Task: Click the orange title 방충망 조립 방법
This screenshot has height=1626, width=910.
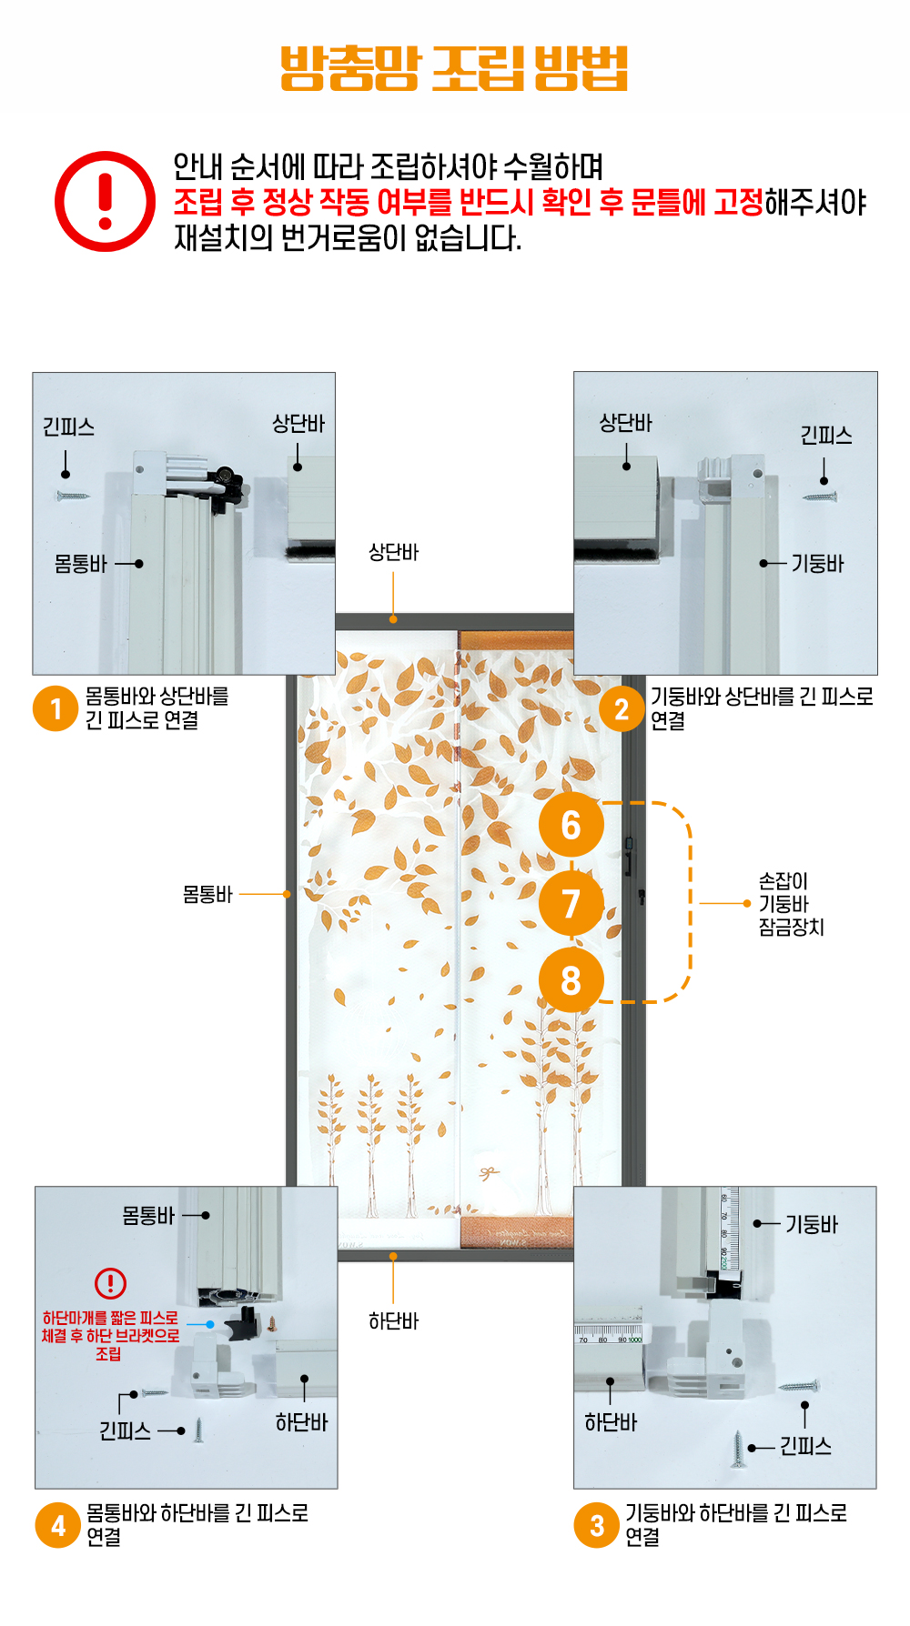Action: click(x=454, y=68)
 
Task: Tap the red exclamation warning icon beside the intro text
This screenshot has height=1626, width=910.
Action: click(x=106, y=201)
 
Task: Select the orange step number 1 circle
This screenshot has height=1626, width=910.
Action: click(x=56, y=708)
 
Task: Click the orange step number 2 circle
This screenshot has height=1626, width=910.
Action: click(x=622, y=708)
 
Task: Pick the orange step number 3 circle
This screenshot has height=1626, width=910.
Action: click(x=597, y=1525)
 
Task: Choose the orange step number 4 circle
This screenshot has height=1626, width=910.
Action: click(x=58, y=1525)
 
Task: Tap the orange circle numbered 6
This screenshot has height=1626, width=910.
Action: click(x=571, y=825)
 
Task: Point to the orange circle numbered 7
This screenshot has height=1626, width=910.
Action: click(x=571, y=903)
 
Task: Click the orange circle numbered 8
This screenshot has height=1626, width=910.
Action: click(x=571, y=980)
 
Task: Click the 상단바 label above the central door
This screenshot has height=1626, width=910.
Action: click(x=393, y=552)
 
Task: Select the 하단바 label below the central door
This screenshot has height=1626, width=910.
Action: click(x=393, y=1320)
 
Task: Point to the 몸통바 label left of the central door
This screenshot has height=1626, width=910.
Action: click(x=207, y=894)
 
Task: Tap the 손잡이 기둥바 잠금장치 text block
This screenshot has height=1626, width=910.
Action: click(x=791, y=904)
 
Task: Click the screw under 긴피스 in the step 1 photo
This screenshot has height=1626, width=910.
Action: click(x=72, y=497)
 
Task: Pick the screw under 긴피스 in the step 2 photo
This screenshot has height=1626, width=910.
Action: click(x=820, y=497)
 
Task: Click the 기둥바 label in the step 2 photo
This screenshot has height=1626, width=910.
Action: click(x=817, y=564)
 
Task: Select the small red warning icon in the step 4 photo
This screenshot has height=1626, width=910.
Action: click(x=110, y=1283)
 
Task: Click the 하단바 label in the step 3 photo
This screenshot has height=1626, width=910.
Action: click(x=611, y=1422)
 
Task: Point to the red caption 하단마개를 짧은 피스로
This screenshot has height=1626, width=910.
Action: click(x=110, y=1317)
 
